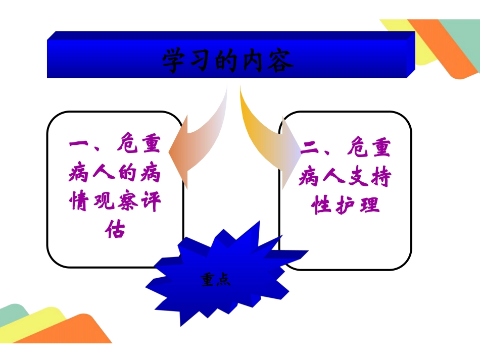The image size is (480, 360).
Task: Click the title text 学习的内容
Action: tap(227, 61)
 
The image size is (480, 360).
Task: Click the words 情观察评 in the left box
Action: tap(114, 203)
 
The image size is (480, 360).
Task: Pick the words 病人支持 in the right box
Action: tap(345, 177)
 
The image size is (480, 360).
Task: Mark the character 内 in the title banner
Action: tap(254, 61)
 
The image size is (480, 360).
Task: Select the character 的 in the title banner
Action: tap(227, 61)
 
